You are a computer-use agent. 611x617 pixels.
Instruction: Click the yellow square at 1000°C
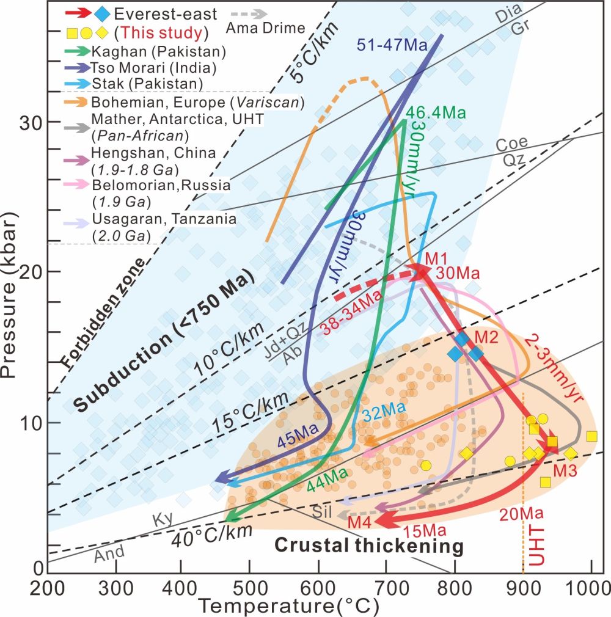591,436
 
